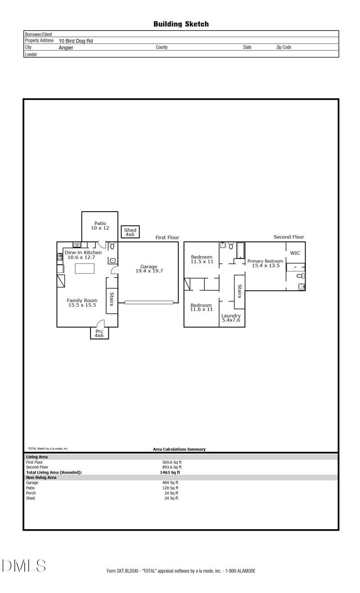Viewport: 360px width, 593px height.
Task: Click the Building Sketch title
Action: (x=181, y=24)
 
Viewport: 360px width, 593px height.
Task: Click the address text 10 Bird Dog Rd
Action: (x=76, y=41)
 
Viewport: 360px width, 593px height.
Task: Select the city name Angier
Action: (x=66, y=47)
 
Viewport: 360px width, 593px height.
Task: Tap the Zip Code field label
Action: (x=283, y=47)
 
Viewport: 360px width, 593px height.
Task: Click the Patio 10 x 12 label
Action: (x=100, y=226)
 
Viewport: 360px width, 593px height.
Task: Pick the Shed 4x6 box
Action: (x=130, y=232)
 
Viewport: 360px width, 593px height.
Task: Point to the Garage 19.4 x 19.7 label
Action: (x=149, y=269)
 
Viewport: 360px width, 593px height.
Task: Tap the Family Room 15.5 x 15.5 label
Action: (x=82, y=303)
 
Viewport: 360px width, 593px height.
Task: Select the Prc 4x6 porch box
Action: (x=99, y=333)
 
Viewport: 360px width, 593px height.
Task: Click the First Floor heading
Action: (x=167, y=237)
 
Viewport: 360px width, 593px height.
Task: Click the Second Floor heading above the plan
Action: (x=289, y=237)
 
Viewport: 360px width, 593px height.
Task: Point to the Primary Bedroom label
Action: (x=265, y=263)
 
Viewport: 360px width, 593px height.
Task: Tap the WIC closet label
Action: (x=295, y=253)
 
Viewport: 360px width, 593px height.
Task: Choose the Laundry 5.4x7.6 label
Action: (x=231, y=318)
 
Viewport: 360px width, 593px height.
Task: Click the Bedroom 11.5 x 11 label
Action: (x=202, y=259)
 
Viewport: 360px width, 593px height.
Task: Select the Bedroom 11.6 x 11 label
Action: (x=201, y=307)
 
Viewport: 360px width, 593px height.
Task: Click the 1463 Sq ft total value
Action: (x=170, y=472)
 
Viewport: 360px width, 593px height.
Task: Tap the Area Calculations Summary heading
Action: (x=179, y=449)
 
